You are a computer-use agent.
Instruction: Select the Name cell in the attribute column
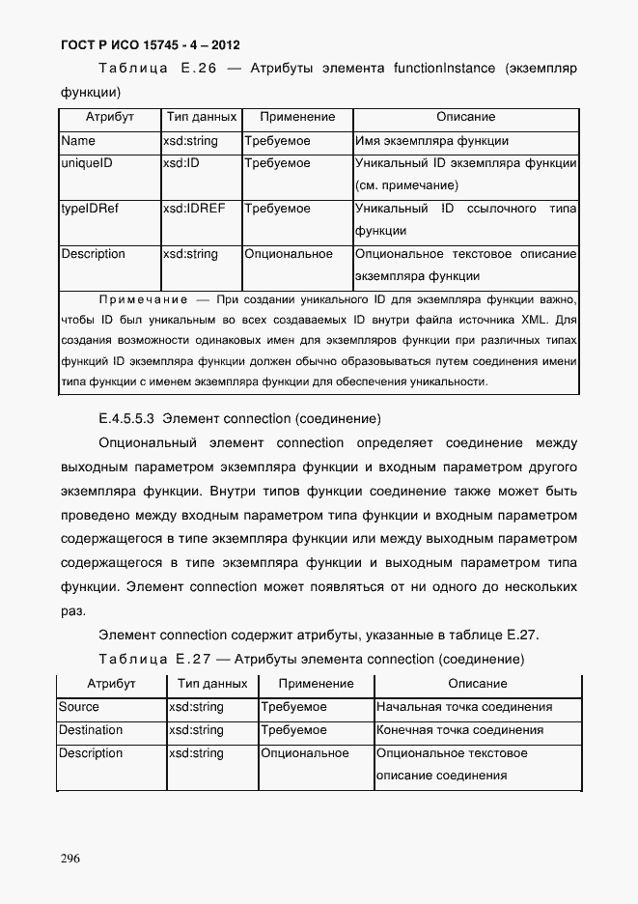click(x=78, y=141)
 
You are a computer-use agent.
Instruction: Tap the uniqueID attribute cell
click(x=87, y=164)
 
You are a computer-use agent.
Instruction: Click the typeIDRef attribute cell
click(x=90, y=209)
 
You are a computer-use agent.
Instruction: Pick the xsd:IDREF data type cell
click(x=194, y=209)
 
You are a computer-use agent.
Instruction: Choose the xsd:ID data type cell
click(x=181, y=164)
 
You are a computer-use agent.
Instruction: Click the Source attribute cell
click(x=79, y=707)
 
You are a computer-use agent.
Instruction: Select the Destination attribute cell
click(x=91, y=730)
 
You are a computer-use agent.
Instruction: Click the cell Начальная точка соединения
click(x=464, y=707)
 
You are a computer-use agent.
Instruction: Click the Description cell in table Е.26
click(x=94, y=254)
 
